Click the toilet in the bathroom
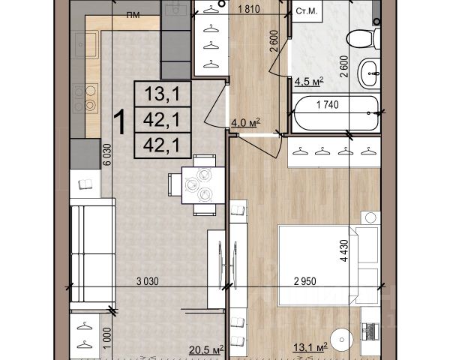click(x=363, y=38)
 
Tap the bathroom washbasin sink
click(x=369, y=73)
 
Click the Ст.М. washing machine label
click(x=307, y=11)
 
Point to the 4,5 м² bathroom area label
click(x=309, y=82)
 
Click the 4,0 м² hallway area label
click(x=246, y=122)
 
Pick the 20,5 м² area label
click(x=206, y=350)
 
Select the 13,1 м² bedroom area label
click(x=310, y=347)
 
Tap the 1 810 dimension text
click(x=249, y=9)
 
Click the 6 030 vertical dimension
click(x=106, y=154)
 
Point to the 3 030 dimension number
click(x=148, y=281)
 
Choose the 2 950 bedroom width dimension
click(x=305, y=281)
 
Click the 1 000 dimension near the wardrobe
click(x=106, y=338)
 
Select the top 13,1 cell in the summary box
click(x=163, y=94)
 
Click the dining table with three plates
click(x=203, y=185)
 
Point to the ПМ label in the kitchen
click(x=133, y=15)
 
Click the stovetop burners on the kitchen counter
click(x=85, y=98)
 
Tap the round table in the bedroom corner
click(x=341, y=340)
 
